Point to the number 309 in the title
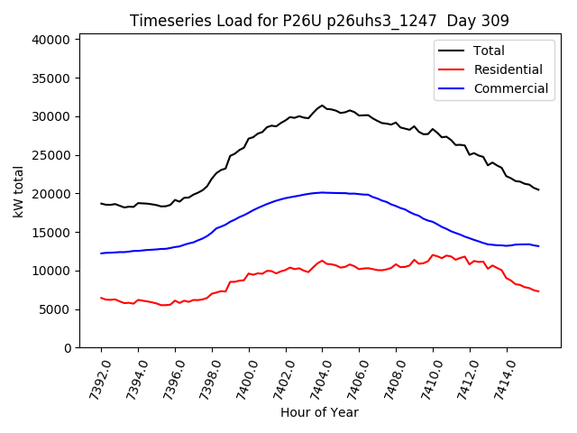495,21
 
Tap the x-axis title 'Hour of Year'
319,413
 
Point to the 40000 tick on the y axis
51,40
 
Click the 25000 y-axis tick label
51,155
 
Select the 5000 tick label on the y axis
55,309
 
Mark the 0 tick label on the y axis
68,348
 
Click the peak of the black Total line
322,105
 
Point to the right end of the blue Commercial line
538,246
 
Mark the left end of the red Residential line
101,298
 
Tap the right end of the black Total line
538,189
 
